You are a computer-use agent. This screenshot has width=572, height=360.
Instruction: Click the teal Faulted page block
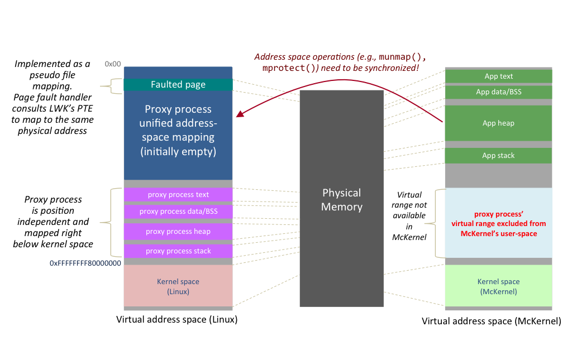pos(178,85)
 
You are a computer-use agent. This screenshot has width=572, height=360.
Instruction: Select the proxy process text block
pos(178,195)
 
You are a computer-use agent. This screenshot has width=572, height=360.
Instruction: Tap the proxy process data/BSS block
pos(178,212)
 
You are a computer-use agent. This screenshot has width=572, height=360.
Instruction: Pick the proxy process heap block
pos(178,232)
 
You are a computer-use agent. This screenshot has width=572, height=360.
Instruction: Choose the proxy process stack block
pos(178,251)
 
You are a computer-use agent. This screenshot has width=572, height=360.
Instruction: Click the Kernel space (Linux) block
pos(178,286)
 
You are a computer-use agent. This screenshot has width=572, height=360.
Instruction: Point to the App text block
pos(498,76)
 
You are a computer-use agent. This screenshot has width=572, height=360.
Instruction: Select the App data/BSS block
pos(498,92)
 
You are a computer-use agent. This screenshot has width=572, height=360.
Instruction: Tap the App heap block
pos(498,123)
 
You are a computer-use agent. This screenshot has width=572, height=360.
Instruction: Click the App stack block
pos(498,156)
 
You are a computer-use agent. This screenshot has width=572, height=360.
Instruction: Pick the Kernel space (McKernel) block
pos(498,286)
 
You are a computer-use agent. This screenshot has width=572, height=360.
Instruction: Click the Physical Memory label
pos(342,200)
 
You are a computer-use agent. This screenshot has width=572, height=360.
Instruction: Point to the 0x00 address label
pos(113,64)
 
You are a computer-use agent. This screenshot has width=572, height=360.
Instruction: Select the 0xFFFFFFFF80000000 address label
pos(85,263)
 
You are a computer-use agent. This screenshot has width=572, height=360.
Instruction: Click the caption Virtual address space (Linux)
pos(177,320)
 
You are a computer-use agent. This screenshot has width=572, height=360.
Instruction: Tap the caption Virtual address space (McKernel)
pos(491,321)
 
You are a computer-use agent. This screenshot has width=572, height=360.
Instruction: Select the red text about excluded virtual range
pos(498,224)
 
